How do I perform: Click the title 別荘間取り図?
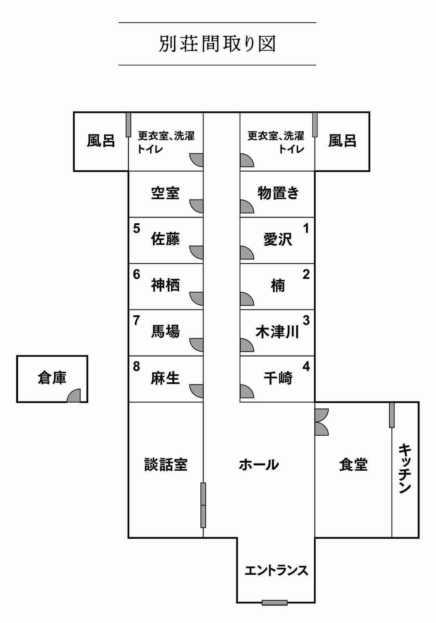(x=217, y=44)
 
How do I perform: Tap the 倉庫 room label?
(x=52, y=378)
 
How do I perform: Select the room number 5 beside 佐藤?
(x=136, y=228)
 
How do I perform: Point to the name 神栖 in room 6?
(x=165, y=285)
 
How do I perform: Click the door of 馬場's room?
(x=197, y=344)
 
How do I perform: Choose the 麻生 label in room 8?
(x=165, y=378)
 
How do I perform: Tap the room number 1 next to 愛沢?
(x=306, y=228)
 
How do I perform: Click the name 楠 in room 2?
(x=278, y=286)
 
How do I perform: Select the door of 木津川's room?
(x=247, y=344)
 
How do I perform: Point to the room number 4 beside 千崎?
(x=306, y=367)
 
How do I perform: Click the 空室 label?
(x=165, y=193)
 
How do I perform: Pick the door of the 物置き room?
(x=247, y=206)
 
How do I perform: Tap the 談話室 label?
(x=166, y=465)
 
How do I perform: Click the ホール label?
(x=259, y=465)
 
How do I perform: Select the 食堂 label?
(x=353, y=465)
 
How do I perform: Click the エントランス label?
(x=276, y=570)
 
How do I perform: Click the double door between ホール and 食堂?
(x=322, y=422)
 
